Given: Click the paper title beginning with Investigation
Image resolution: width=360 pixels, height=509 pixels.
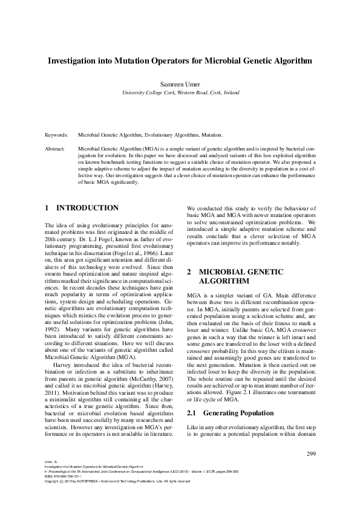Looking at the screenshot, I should point(180,61).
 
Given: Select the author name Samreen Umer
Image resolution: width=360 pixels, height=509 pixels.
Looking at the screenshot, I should point(180,84).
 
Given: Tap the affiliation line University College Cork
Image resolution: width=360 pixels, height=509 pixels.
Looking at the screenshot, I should point(180,93).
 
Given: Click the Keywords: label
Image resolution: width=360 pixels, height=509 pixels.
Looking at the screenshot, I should point(57,136).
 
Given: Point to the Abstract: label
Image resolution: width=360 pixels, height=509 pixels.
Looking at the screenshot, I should point(56,148).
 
